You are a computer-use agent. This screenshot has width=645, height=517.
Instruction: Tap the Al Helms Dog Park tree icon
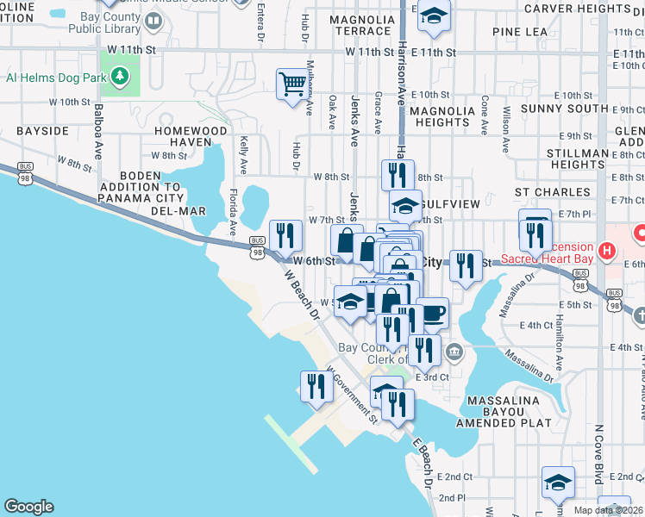121,76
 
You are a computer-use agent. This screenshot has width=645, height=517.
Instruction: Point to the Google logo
28,507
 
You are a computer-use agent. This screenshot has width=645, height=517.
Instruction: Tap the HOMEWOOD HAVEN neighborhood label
191,136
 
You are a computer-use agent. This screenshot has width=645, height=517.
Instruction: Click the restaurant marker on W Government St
314,387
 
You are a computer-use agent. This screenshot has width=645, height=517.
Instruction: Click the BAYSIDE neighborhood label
42,131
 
